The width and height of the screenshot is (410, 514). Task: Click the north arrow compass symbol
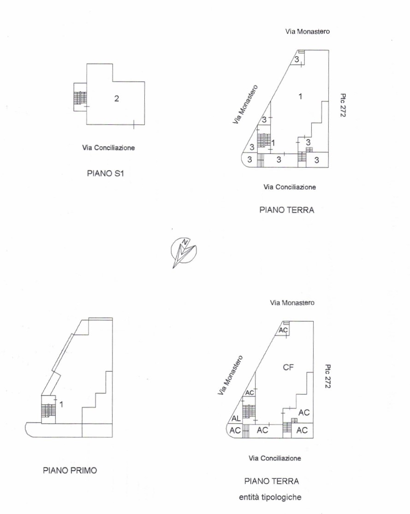[184, 252]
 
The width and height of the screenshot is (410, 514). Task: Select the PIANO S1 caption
[105, 173]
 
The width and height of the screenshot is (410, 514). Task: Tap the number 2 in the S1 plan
[116, 98]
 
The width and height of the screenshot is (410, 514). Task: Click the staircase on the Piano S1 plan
[80, 97]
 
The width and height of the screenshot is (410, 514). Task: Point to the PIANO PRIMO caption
[70, 470]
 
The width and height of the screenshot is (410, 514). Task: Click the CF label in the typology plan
[288, 367]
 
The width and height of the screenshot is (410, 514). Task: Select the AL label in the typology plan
[236, 419]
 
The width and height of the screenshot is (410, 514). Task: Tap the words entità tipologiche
[270, 497]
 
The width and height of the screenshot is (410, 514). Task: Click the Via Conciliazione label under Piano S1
[108, 148]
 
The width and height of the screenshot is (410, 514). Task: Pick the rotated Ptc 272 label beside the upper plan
[343, 105]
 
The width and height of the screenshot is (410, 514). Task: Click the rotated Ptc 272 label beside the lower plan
[327, 376]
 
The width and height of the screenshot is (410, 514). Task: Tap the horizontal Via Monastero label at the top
[307, 31]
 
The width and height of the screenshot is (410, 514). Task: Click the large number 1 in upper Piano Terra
[300, 96]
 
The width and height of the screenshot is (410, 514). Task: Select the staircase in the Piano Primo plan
[48, 410]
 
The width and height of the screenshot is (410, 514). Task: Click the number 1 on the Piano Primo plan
[61, 404]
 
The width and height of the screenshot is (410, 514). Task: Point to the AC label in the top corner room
[283, 330]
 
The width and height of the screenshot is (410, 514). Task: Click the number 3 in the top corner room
[297, 59]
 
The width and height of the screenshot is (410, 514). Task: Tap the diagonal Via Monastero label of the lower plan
[231, 375]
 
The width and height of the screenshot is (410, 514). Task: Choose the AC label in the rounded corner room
[235, 431]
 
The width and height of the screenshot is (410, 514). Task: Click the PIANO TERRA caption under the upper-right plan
[287, 210]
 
